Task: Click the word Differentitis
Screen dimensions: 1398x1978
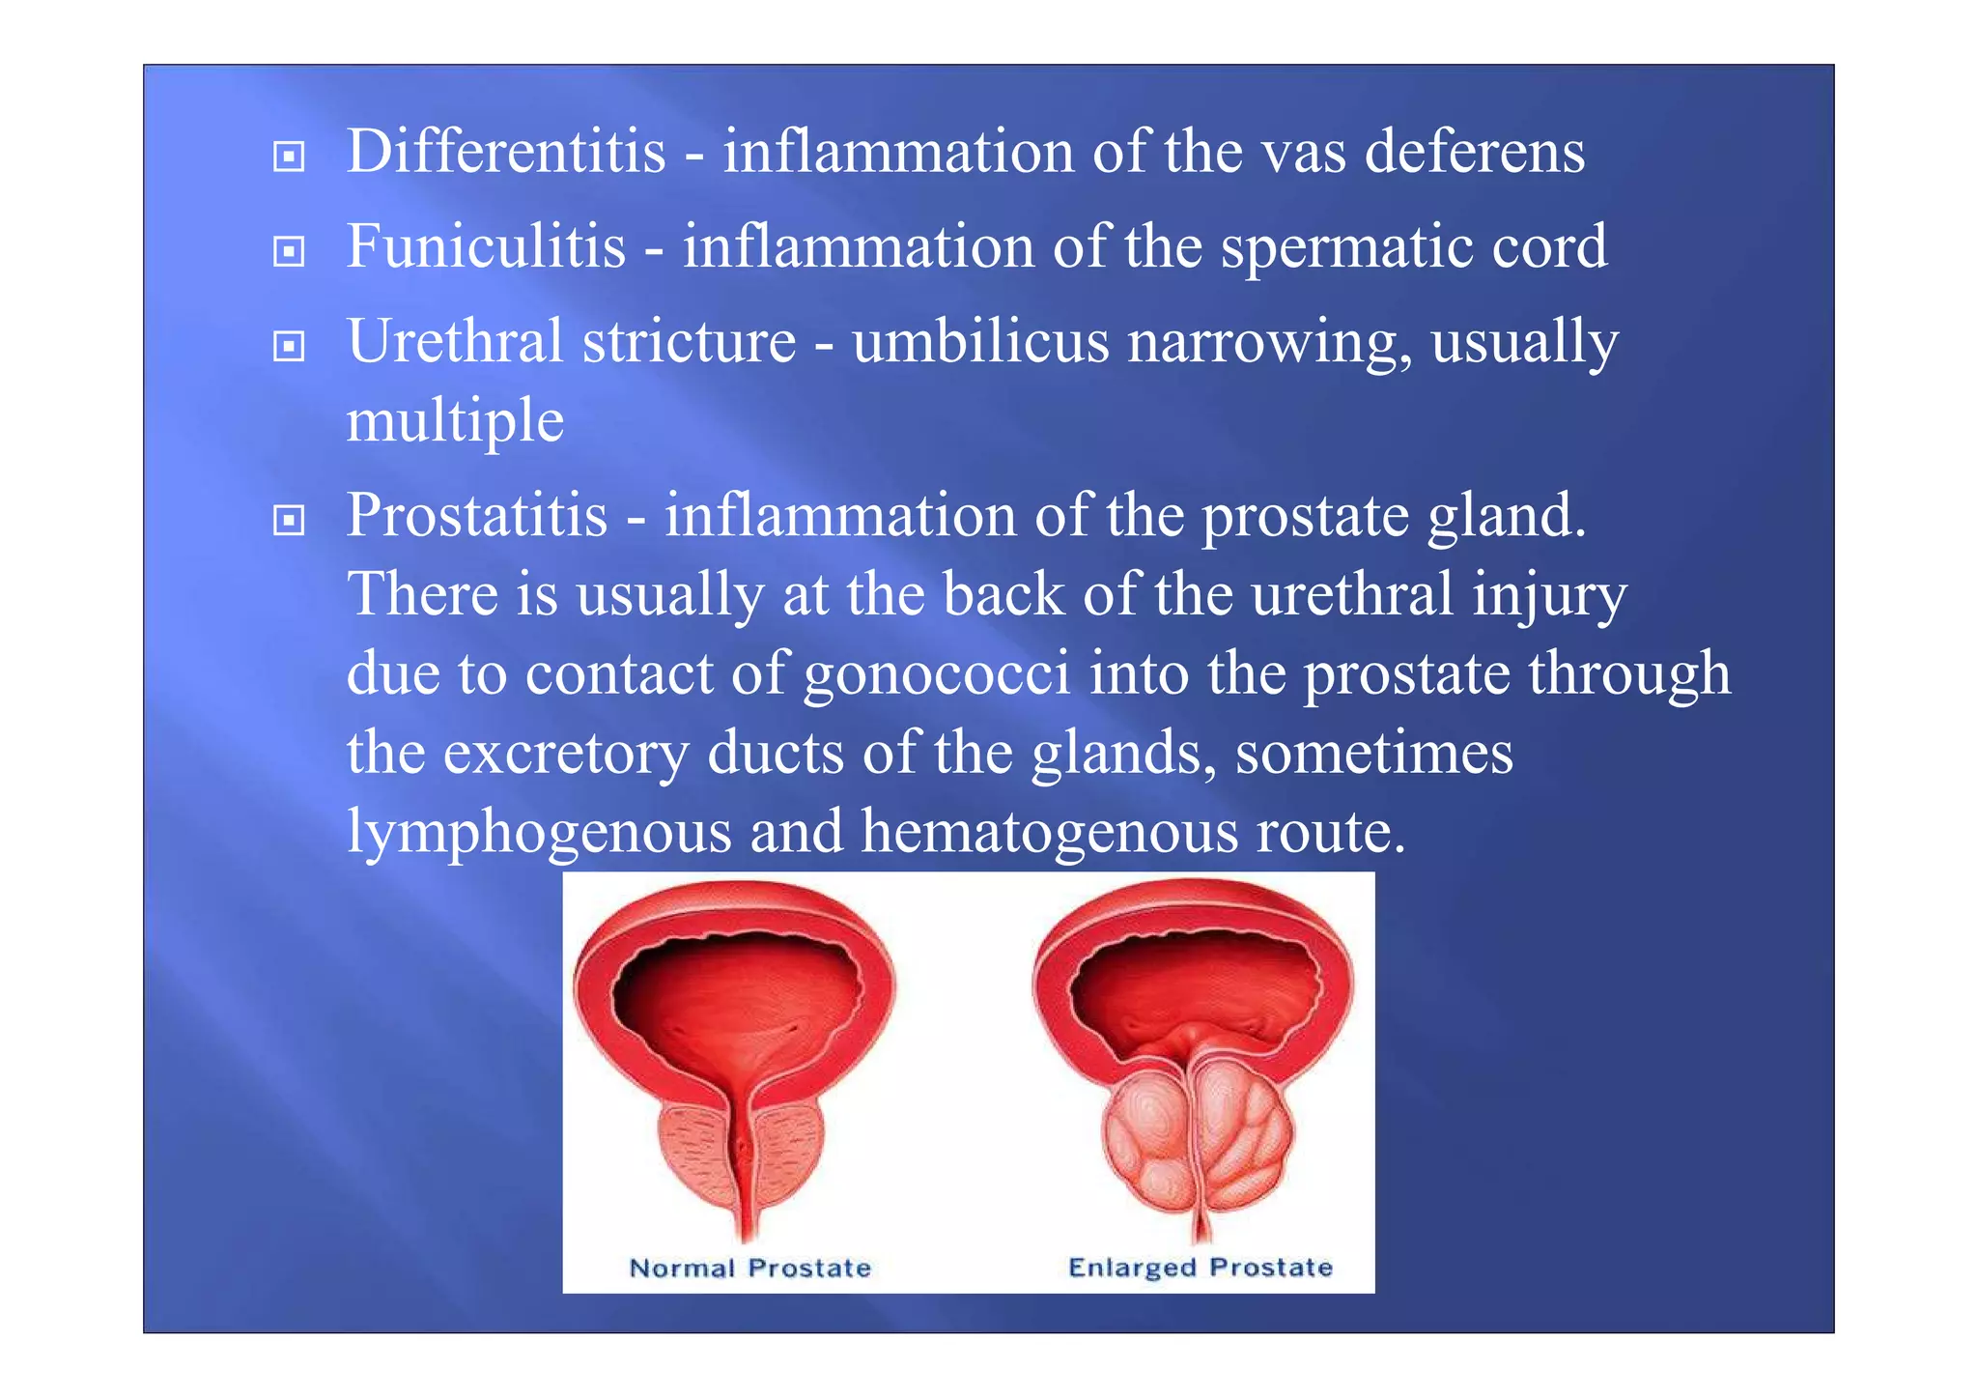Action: coord(506,153)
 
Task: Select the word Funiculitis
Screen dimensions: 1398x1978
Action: coord(486,246)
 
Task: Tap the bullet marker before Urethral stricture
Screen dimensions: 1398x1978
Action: coord(288,346)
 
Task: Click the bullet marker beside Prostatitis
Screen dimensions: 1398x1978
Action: coord(288,521)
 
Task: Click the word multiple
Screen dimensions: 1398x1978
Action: coord(455,422)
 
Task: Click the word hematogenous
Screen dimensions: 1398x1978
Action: coord(1049,832)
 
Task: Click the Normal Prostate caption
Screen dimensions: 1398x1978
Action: coord(750,1268)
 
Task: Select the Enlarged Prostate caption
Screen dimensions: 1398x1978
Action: coord(1200,1267)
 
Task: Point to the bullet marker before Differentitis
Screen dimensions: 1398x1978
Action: coord(288,157)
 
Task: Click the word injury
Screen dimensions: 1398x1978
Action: coord(1548,595)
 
